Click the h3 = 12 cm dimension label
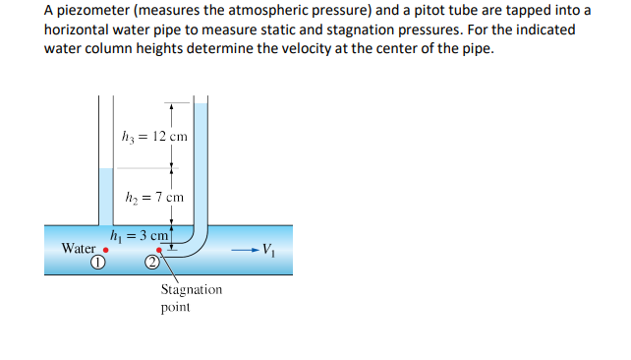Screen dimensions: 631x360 coord(152,136)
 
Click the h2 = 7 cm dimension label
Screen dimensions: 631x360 coord(152,197)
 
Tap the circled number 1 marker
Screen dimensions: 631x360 coord(97,263)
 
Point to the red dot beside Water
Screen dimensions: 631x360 coord(106,250)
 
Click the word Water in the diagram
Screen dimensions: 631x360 coord(79,248)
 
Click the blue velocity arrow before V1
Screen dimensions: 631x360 coord(245,249)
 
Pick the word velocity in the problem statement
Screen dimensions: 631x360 coord(349,48)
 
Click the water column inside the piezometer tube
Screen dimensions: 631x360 coord(105,197)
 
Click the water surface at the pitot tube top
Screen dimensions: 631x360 coord(201,104)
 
